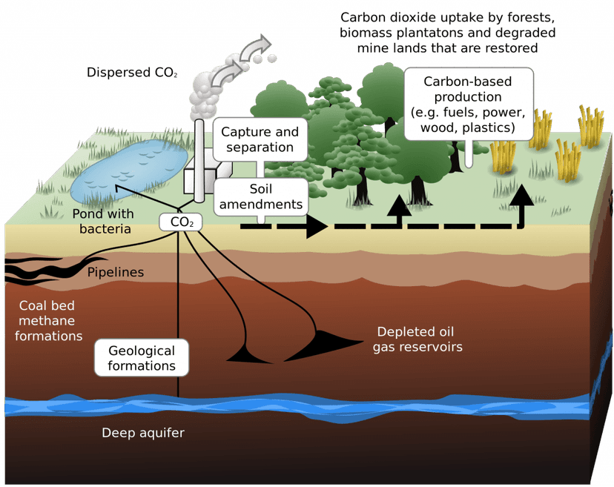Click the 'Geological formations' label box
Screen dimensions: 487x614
(x=142, y=358)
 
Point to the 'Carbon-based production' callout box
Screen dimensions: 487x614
(x=469, y=104)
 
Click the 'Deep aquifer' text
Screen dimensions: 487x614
(x=143, y=432)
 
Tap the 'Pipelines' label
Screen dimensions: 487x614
(x=116, y=273)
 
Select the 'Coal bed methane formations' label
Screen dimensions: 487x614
(x=49, y=320)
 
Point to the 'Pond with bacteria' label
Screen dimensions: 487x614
(x=105, y=222)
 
